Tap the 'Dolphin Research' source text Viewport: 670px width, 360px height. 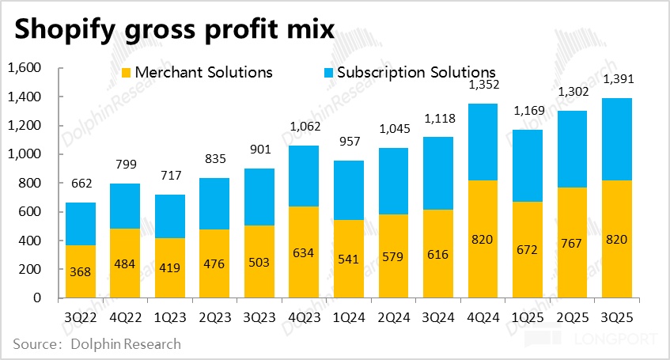click(x=126, y=344)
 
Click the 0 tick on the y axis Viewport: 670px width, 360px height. click(x=36, y=298)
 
